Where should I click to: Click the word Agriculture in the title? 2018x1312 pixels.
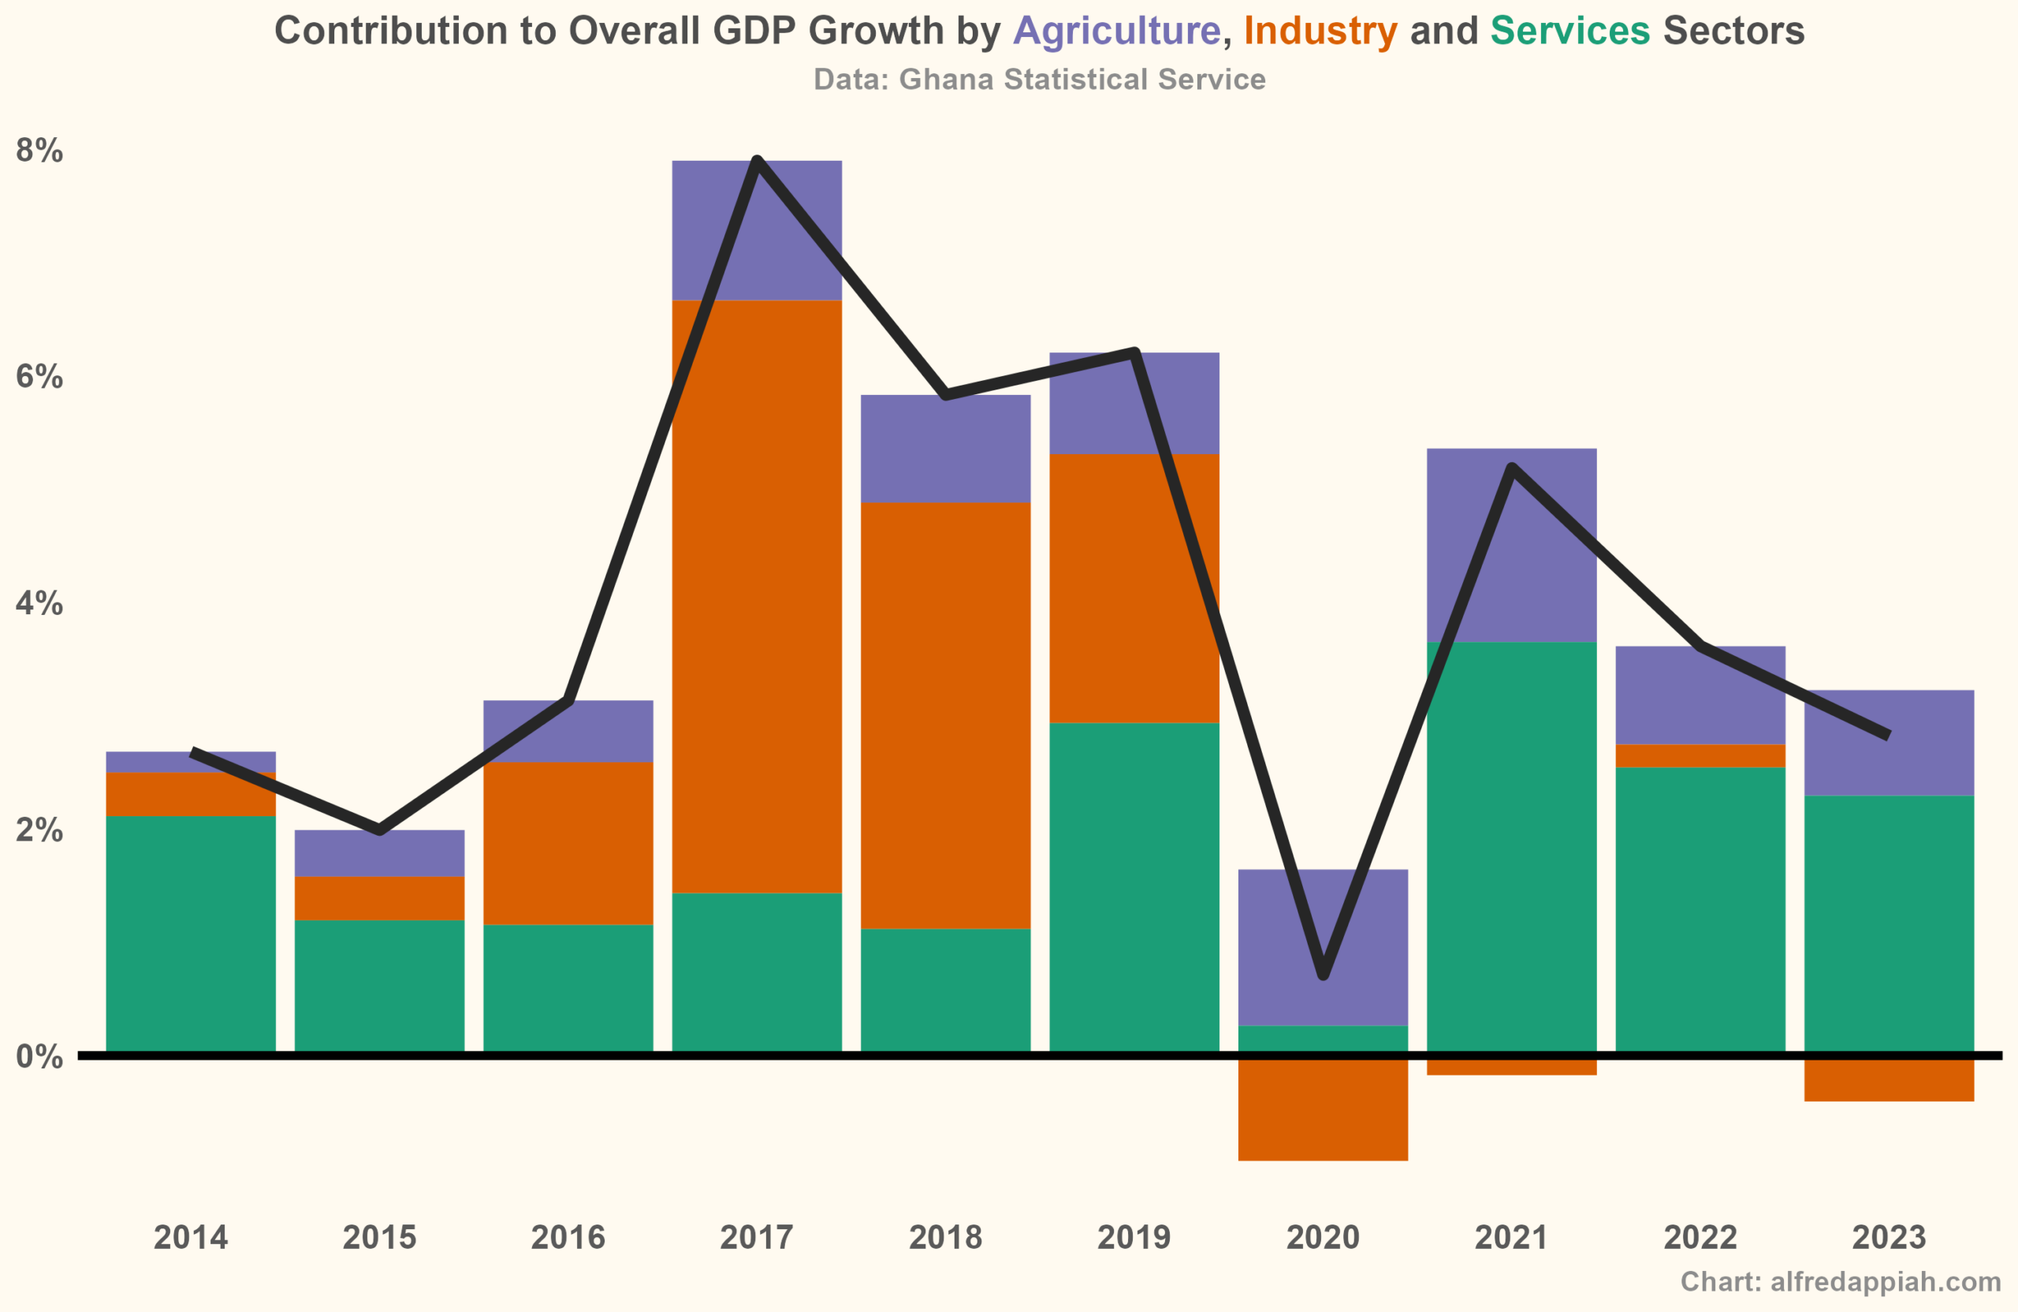(1117, 32)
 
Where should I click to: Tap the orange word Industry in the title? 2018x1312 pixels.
(1320, 32)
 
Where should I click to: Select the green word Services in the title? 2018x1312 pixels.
(1569, 32)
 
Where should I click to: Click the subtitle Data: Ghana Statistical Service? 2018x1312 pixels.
(1040, 80)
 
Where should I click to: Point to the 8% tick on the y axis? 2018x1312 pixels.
(39, 151)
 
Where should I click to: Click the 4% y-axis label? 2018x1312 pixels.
(39, 604)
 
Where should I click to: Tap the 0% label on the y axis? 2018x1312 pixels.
(39, 1057)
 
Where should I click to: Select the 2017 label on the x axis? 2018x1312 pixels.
(756, 1237)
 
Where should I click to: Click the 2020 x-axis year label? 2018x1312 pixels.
(1323, 1237)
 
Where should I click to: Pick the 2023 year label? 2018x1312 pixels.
(1890, 1237)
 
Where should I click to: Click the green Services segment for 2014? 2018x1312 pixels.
(191, 933)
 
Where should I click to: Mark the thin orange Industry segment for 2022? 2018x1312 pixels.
(1700, 755)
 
